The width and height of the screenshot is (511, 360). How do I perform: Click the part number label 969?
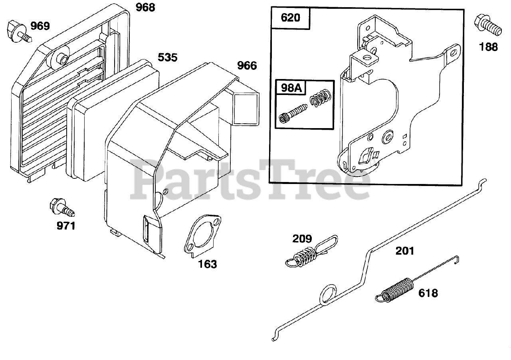pyautogui.click(x=40, y=26)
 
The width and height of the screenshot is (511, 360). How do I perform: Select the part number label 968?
pyautogui.click(x=145, y=8)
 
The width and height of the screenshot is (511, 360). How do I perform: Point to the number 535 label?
pyautogui.click(x=167, y=57)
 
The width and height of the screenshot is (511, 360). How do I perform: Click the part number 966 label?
pyautogui.click(x=247, y=65)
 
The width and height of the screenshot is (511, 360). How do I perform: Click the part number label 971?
pyautogui.click(x=66, y=226)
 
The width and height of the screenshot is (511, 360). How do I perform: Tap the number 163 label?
pyautogui.click(x=208, y=264)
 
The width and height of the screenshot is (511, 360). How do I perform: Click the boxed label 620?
pyautogui.click(x=291, y=18)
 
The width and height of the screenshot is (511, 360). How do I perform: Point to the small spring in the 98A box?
pyautogui.click(x=319, y=99)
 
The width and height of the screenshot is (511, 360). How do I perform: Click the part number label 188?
pyautogui.click(x=489, y=47)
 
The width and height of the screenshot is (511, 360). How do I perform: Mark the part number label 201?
pyautogui.click(x=405, y=251)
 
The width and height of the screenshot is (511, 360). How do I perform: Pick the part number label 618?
pyautogui.click(x=428, y=293)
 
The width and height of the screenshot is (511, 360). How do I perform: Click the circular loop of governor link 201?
pyautogui.click(x=328, y=294)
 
